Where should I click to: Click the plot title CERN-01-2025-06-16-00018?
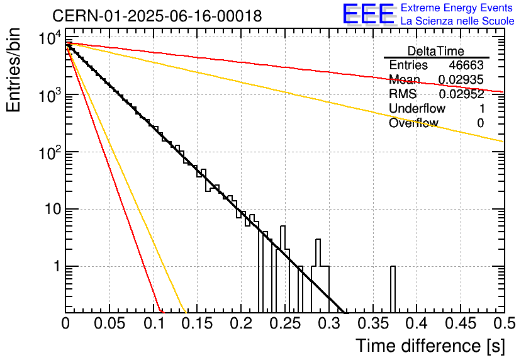[157, 16]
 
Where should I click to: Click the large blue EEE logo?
[369, 14]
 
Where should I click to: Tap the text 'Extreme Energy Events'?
[457, 8]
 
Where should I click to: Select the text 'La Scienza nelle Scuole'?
[457, 21]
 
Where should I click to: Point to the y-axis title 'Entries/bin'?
[13, 70]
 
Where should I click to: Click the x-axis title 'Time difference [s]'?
[430, 346]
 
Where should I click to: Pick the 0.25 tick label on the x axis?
[284, 323]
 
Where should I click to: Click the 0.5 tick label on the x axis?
[503, 323]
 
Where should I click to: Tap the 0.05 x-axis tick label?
[109, 323]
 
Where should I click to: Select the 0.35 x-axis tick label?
[372, 323]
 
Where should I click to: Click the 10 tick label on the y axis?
[53, 209]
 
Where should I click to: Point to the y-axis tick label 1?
[57, 266]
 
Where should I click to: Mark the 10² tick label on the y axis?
[50, 153]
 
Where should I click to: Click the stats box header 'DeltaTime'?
[436, 51]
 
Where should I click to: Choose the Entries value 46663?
[466, 65]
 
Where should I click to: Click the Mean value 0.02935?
[461, 79]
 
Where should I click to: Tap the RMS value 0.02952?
[461, 94]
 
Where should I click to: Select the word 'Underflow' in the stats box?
[417, 108]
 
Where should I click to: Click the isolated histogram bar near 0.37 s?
[393, 290]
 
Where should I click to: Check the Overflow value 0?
[480, 123]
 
